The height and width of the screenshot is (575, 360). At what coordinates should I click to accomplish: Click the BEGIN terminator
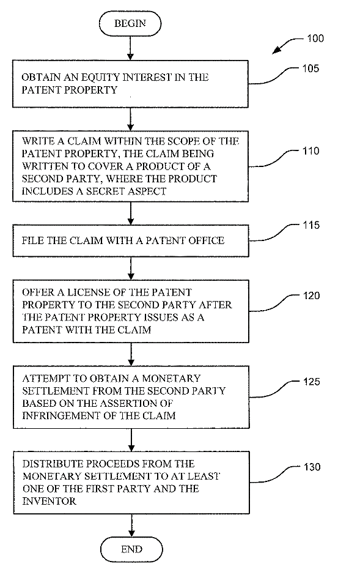coord(130,23)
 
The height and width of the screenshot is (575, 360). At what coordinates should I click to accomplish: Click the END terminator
coord(131,549)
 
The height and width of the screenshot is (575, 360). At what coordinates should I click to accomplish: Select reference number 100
coord(315,39)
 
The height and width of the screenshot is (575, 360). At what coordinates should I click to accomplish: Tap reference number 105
coord(310,69)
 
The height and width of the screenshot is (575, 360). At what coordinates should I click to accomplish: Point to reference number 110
coord(311,151)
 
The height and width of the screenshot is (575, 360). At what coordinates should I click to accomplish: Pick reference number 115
coord(311,225)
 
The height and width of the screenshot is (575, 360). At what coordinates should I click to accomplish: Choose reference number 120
coord(311,295)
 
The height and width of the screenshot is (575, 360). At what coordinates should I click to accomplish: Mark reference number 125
coord(312,382)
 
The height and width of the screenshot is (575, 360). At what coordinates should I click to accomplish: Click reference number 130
coord(312,467)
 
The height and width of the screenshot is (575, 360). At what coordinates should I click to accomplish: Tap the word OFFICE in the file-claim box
coord(205,240)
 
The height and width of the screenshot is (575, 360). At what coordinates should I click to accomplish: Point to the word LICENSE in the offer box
coord(87,292)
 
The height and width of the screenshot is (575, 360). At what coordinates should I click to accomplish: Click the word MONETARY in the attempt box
coord(171,378)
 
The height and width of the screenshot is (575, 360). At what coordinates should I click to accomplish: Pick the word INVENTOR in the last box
coord(50,502)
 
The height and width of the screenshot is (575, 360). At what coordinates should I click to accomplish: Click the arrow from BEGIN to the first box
coord(130,48)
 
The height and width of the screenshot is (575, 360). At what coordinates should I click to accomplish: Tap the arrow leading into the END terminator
coord(131,525)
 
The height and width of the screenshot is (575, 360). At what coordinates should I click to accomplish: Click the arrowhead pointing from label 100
coord(276,51)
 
